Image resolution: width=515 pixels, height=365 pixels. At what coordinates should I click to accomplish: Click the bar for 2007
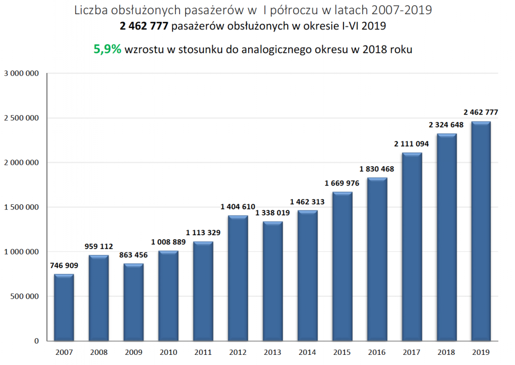[64, 307]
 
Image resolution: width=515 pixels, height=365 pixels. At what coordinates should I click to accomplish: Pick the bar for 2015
[342, 266]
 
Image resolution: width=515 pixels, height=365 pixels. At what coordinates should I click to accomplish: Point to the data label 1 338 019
[273, 213]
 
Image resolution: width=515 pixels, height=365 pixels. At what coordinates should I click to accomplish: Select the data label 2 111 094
[411, 144]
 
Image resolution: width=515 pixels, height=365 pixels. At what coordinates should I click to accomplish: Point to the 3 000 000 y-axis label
[21, 74]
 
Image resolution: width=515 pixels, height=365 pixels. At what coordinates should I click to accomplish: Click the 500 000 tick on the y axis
[24, 297]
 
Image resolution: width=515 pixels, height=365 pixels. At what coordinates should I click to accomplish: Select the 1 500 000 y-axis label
[21, 207]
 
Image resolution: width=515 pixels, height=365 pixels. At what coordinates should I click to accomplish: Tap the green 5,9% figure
[108, 49]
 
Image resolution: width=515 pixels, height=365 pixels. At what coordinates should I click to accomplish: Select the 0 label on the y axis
[37, 341]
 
